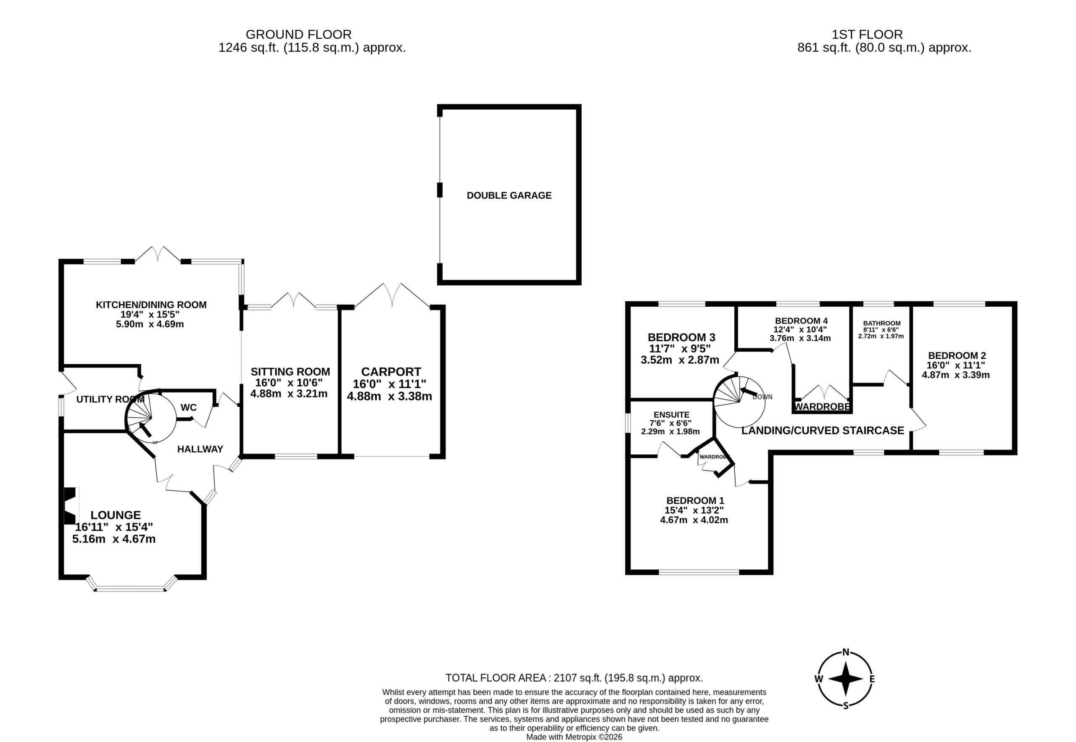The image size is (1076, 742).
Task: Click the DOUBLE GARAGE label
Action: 509,195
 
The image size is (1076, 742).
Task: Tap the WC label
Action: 188,407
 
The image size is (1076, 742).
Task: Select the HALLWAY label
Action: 200,449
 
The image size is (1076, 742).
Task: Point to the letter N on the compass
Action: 846,652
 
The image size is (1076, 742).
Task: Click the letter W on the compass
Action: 819,679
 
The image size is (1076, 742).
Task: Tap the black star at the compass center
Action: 846,679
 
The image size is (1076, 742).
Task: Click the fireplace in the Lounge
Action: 70,506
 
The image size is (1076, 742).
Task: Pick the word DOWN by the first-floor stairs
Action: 762,397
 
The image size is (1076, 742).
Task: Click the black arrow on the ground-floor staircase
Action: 145,429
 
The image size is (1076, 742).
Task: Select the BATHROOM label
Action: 882,323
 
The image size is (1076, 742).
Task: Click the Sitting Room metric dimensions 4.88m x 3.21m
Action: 289,394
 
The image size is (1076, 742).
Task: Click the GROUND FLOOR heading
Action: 298,34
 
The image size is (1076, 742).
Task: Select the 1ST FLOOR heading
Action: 867,34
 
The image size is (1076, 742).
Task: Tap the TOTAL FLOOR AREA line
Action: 574,678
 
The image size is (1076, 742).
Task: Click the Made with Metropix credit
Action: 574,737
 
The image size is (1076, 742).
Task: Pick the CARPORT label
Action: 391,372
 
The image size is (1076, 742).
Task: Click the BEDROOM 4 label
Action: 801,321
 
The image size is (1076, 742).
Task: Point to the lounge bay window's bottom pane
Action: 130,589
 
